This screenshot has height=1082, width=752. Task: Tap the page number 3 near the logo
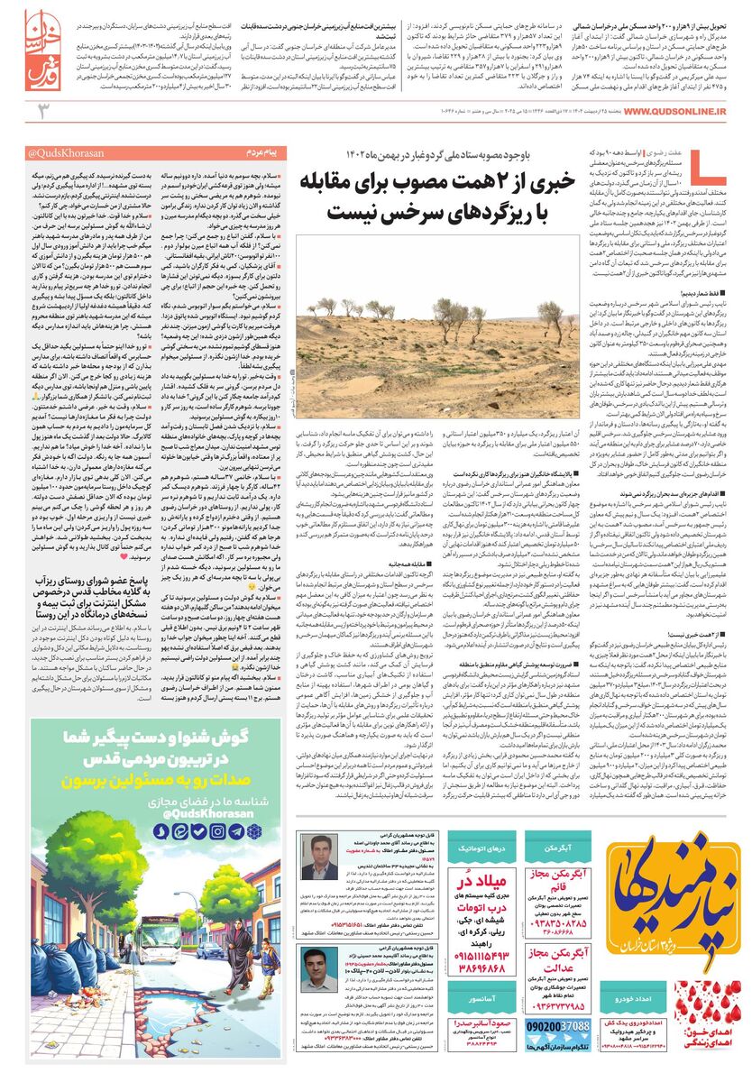(x=41, y=111)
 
